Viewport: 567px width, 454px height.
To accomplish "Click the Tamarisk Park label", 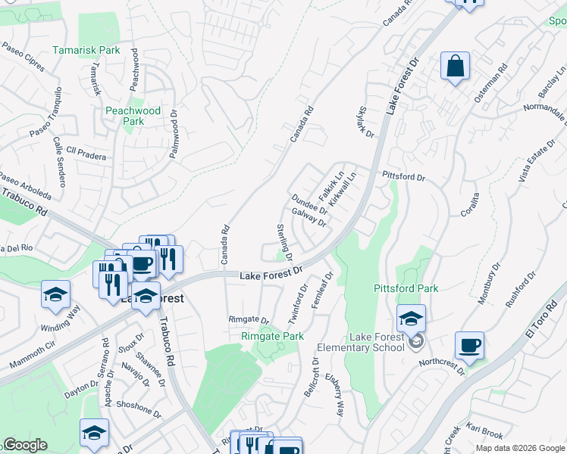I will click(x=86, y=51).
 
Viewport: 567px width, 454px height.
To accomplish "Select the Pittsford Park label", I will click(x=406, y=288).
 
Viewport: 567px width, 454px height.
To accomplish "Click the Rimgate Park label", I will click(x=272, y=336).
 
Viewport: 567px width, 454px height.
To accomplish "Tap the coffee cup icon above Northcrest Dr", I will click(x=469, y=346).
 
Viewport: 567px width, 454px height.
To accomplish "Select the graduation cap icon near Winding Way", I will click(x=55, y=294).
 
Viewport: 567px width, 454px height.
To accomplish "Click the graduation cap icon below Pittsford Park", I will click(x=411, y=319).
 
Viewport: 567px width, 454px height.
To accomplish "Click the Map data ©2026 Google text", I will click(x=520, y=448).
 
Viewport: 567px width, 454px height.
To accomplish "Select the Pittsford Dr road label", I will click(x=404, y=176).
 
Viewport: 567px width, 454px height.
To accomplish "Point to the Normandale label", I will click(x=544, y=111).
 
